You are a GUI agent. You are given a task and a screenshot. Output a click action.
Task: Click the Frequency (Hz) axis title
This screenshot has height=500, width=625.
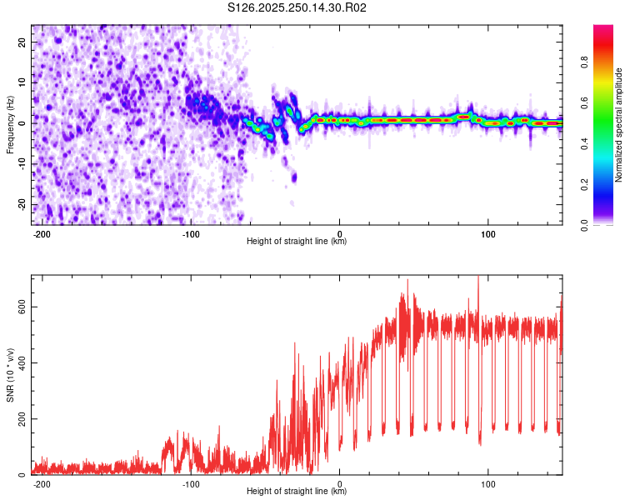click(10, 125)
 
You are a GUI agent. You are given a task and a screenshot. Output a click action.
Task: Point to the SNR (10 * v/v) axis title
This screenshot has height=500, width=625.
click(10, 374)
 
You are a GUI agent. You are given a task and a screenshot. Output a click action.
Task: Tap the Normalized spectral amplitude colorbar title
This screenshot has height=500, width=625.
click(618, 125)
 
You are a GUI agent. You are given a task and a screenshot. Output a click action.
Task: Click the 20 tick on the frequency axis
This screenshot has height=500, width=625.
click(22, 42)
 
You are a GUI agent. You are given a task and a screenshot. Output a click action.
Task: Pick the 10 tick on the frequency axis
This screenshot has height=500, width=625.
click(22, 82)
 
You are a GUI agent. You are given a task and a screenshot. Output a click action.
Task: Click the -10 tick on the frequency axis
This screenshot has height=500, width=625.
click(21, 164)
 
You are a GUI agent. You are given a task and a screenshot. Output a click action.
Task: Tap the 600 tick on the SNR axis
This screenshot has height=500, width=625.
click(19, 307)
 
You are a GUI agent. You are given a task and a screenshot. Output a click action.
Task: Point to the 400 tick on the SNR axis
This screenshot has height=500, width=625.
click(19, 362)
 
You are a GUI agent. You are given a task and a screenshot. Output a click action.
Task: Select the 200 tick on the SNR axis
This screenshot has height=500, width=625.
click(19, 418)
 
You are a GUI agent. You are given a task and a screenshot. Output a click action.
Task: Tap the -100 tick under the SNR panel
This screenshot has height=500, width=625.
click(191, 483)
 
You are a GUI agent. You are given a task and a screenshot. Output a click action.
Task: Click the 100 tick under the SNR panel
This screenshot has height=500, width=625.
click(488, 483)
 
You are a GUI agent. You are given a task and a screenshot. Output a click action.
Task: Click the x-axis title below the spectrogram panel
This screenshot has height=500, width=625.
click(297, 242)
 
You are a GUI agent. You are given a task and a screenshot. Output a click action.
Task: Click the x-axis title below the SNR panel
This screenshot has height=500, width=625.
click(297, 492)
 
